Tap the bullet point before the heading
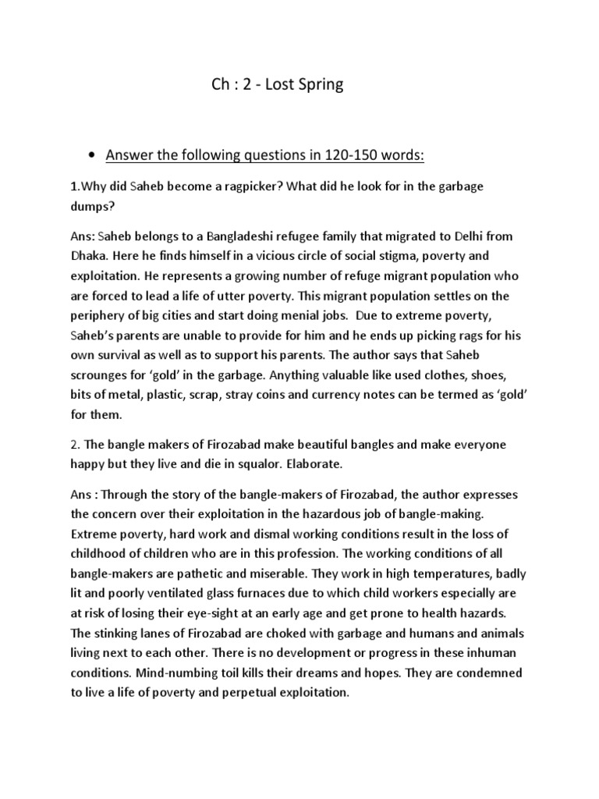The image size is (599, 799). coord(93,155)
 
